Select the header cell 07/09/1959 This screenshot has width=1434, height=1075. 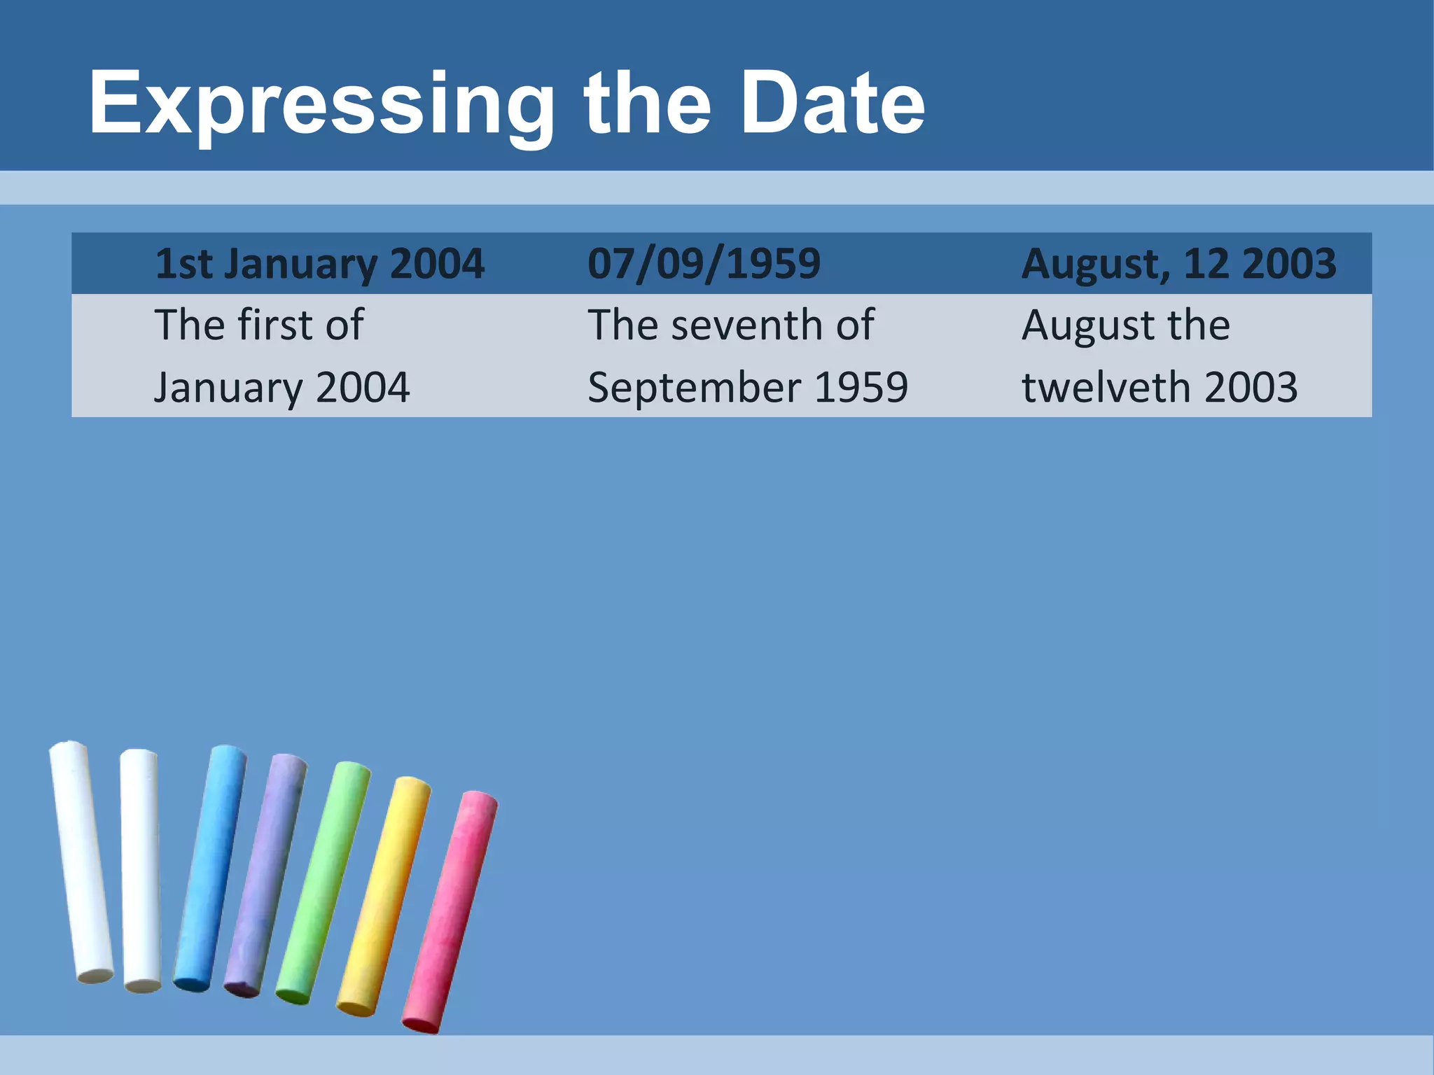pos(704,264)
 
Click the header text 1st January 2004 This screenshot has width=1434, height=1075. pos(319,264)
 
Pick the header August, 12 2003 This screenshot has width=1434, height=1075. pos(1178,264)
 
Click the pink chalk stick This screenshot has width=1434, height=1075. pos(450,910)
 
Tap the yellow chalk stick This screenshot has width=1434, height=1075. pos(384,896)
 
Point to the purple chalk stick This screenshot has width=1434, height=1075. pos(265,875)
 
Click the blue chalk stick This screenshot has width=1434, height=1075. pos(210,868)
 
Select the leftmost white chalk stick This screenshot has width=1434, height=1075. pos(81,861)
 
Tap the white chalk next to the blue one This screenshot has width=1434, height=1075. pos(141,868)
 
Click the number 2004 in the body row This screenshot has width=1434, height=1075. pos(362,387)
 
